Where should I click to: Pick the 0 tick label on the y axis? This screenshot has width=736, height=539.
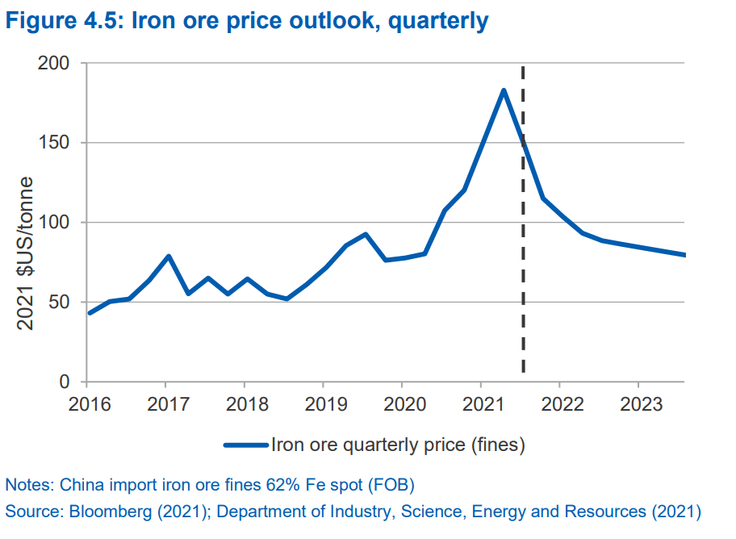[x=65, y=382]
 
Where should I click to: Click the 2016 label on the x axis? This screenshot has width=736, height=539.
[x=86, y=403]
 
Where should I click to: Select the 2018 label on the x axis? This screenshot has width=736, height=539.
[x=244, y=403]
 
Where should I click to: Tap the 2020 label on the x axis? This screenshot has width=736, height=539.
[x=402, y=403]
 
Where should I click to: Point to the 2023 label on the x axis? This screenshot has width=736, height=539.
[x=638, y=403]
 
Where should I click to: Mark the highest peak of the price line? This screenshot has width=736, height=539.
[x=504, y=90]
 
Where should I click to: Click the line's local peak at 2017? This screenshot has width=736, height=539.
[x=168, y=257]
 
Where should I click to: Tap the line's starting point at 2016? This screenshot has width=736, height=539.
[x=89, y=313]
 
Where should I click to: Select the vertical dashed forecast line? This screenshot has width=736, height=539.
[x=523, y=242]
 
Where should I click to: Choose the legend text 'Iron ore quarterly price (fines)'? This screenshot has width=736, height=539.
[x=399, y=444]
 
